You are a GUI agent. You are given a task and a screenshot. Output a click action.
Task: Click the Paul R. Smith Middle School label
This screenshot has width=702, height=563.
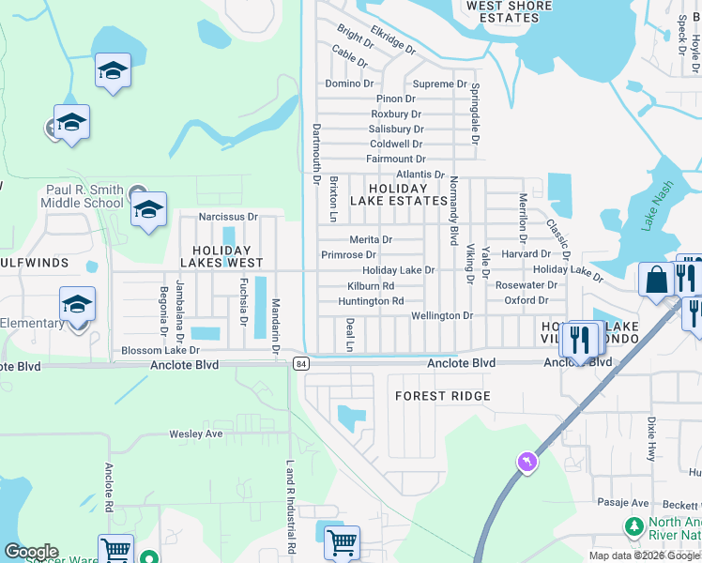(x=84, y=196)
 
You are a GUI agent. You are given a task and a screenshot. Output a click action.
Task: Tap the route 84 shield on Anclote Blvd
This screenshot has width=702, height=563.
(x=300, y=363)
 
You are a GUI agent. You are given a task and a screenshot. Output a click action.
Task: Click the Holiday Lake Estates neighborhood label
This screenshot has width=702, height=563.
(x=399, y=193)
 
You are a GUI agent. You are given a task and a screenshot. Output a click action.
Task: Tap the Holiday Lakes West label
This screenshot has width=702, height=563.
(x=221, y=256)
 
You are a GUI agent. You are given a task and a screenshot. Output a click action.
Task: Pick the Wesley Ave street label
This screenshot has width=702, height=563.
(x=195, y=434)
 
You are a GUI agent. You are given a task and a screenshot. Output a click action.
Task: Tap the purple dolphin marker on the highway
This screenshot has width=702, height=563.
(x=526, y=461)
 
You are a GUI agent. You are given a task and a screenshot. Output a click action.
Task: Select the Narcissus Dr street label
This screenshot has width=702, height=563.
(x=222, y=217)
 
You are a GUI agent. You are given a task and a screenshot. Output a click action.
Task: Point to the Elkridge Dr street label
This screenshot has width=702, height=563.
(x=392, y=38)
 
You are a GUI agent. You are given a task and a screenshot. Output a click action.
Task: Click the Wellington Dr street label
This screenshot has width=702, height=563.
(x=441, y=316)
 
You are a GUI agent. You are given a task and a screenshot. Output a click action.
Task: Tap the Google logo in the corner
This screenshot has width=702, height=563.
(x=31, y=552)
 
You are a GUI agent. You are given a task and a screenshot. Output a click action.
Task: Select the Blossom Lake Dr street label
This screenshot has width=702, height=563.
(x=160, y=350)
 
